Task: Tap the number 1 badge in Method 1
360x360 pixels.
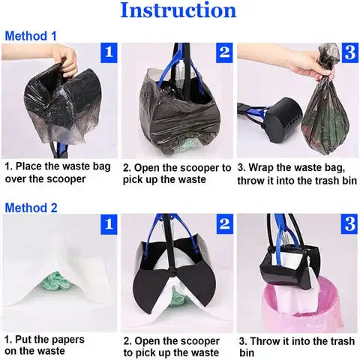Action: tap(108, 52)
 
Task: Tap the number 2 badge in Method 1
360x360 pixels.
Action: tap(223, 52)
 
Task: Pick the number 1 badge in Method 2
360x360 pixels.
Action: tap(108, 223)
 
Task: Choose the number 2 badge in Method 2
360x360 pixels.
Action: tap(223, 223)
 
